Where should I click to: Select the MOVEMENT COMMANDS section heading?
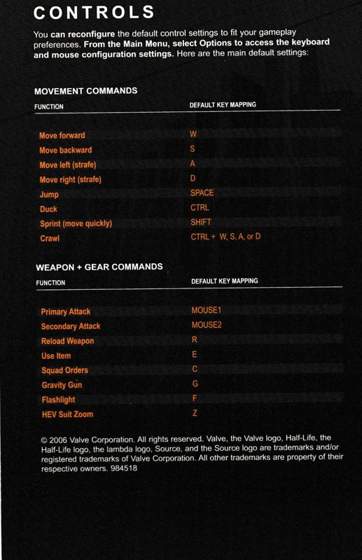click(x=85, y=91)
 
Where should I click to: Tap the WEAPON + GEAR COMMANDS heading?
click(x=98, y=267)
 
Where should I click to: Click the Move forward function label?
click(x=62, y=135)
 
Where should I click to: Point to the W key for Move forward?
click(x=193, y=134)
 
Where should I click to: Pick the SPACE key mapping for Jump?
click(x=202, y=192)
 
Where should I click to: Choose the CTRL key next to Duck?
click(x=200, y=208)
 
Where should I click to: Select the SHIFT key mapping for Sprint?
click(x=201, y=223)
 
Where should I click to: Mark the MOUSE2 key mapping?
click(x=206, y=325)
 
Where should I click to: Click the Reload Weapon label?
click(x=67, y=341)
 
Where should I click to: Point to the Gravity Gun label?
click(x=62, y=385)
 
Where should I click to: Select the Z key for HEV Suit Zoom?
click(x=194, y=414)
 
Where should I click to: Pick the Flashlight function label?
click(x=58, y=400)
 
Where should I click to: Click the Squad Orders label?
click(x=64, y=370)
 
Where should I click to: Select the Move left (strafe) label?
click(x=67, y=164)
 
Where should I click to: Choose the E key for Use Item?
click(x=194, y=355)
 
